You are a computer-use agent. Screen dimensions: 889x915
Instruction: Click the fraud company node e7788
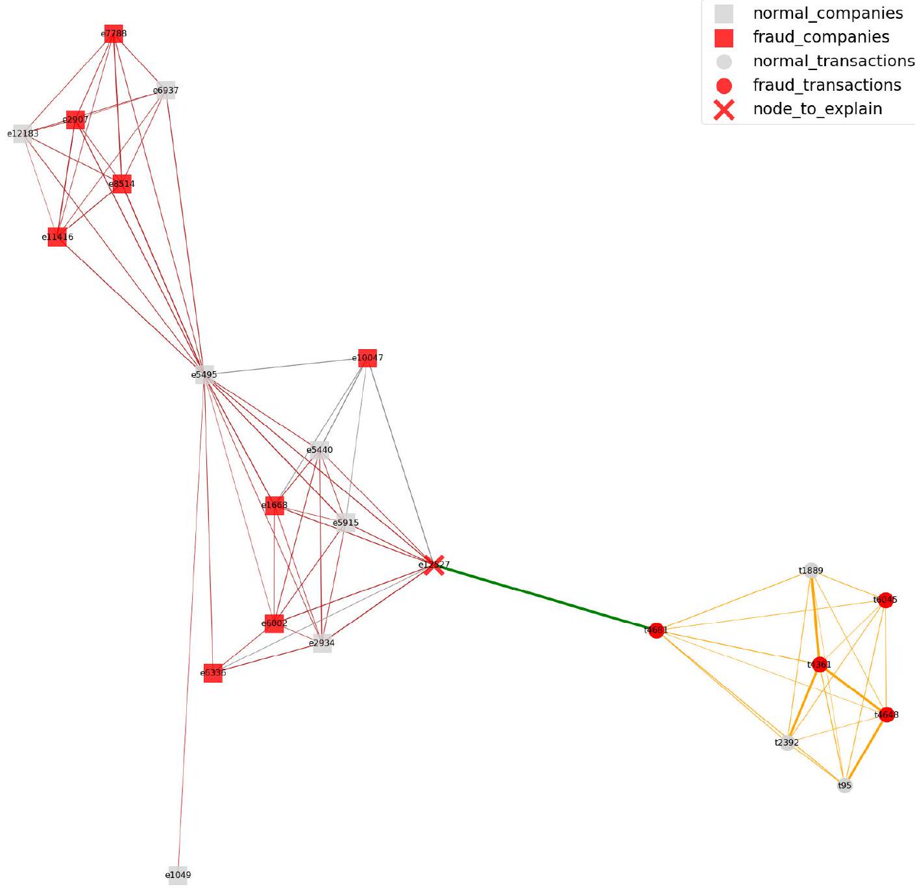tap(114, 34)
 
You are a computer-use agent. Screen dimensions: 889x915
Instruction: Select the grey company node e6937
tap(166, 90)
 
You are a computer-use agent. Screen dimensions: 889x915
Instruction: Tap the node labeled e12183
tap(23, 134)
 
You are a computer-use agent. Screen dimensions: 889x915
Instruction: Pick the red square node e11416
tap(57, 237)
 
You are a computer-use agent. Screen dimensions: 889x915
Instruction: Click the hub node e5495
tap(204, 374)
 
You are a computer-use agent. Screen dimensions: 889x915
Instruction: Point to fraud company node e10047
tap(367, 358)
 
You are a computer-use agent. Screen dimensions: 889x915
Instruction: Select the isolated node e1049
tap(178, 875)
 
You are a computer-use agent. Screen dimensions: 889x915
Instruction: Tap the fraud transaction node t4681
tap(656, 630)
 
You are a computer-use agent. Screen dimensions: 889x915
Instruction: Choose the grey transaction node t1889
tap(811, 571)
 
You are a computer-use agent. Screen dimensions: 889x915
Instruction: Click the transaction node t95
tap(844, 786)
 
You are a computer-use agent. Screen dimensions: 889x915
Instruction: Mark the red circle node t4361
tap(820, 664)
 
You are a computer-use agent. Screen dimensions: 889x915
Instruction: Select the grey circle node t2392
tap(787, 742)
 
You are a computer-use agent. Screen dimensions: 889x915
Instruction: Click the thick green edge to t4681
tap(545, 597)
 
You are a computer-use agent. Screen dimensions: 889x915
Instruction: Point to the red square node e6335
tap(213, 673)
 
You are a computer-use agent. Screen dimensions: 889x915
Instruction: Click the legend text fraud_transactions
tap(827, 85)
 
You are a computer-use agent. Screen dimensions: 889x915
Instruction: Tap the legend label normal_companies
tap(827, 13)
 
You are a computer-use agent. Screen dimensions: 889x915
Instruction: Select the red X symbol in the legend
tap(724, 109)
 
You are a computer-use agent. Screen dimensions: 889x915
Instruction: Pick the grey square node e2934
tap(323, 643)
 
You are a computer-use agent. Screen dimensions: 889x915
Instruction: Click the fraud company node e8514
tap(122, 184)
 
